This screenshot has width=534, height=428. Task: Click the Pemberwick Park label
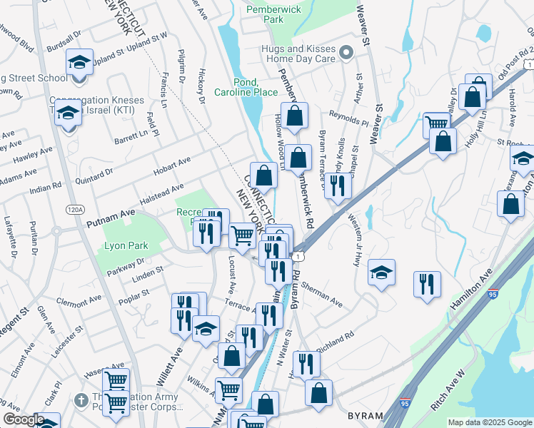(264, 14)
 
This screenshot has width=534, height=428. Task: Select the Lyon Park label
(126, 245)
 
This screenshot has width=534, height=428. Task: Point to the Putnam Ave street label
(111, 218)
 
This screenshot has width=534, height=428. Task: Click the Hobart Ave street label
(173, 166)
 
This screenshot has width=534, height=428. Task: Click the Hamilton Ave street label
(472, 288)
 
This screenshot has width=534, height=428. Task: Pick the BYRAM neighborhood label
(365, 415)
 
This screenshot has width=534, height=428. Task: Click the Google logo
(24, 419)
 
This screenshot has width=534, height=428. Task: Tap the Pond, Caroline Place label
(246, 87)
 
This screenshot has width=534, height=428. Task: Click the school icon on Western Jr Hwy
(382, 272)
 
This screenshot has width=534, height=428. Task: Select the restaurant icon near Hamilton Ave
(427, 284)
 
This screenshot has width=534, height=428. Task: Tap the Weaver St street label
(364, 24)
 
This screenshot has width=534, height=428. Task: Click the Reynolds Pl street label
(348, 116)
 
